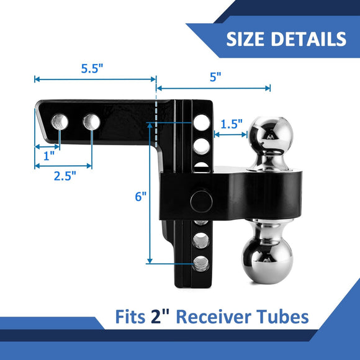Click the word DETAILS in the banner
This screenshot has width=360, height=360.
pos(309,39)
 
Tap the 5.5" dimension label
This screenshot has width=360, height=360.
pos(92,69)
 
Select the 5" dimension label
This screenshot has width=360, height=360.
pos(215,77)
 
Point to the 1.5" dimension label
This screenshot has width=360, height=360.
pos(231,124)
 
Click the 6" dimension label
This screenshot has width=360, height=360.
pos(141,197)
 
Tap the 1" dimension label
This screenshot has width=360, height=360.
pos(47,153)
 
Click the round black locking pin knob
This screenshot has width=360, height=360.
pos(201,200)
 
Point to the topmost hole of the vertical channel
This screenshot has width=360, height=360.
pos(201,122)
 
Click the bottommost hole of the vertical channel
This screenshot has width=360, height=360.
pos(200,263)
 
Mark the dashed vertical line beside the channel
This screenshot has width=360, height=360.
pos(156,118)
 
